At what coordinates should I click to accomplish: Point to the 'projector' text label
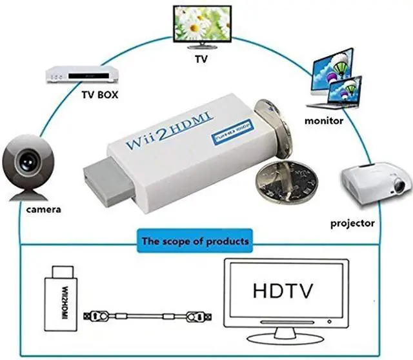point(352,223)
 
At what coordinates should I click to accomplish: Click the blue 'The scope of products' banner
point(195,242)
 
